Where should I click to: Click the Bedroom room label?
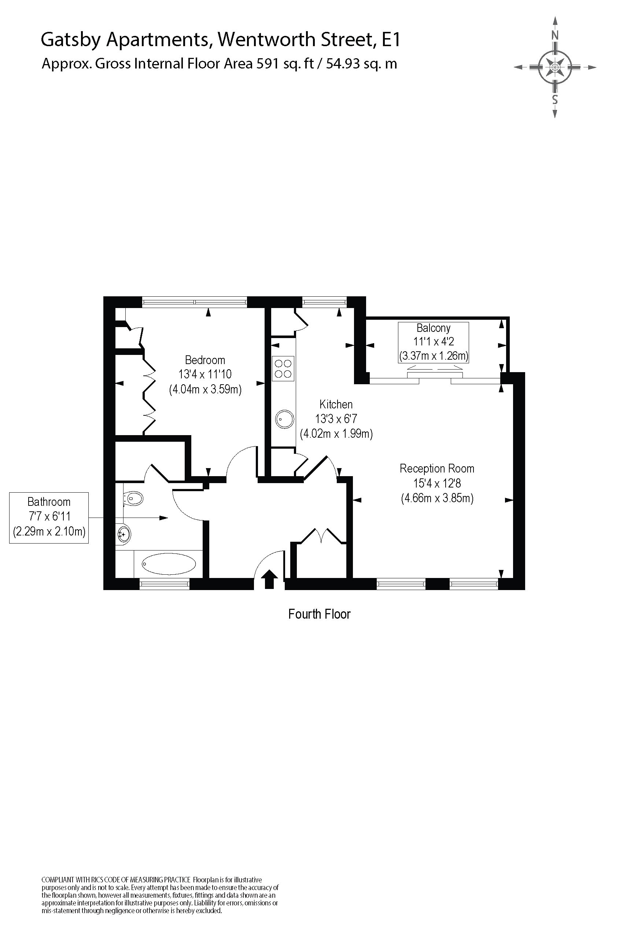point(205,360)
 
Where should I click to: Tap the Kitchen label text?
point(336,405)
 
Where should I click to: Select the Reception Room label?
point(437,468)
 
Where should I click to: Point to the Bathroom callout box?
point(49,518)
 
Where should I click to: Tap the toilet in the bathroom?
point(133,498)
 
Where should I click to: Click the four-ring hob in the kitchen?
point(283,368)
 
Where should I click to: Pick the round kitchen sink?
point(284,419)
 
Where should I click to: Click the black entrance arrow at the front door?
point(269,579)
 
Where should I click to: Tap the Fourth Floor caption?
point(319,614)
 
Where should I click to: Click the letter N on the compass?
point(555,35)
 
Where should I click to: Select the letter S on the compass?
point(555,99)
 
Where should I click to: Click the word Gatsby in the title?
point(71,40)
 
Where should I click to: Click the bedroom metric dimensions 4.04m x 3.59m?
point(205,389)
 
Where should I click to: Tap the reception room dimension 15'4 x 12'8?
point(437,483)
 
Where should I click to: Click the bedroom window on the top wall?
point(194,302)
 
